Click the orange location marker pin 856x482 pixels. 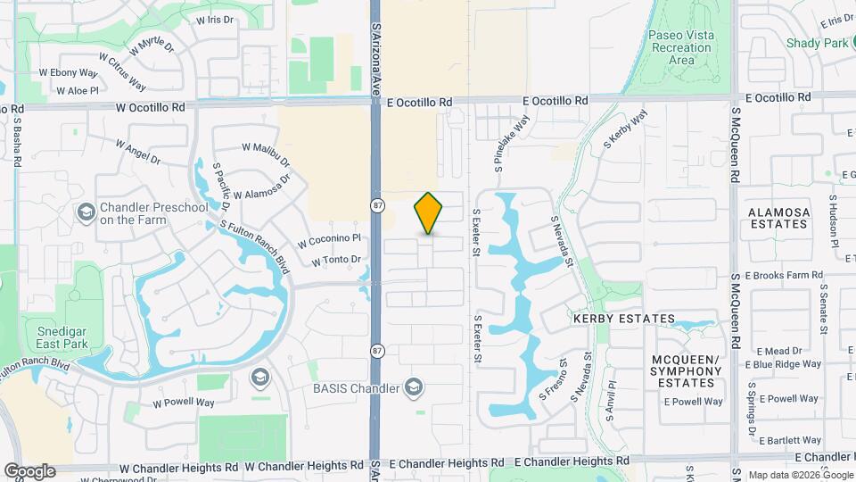coord(429,213)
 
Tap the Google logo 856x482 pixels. coord(29,471)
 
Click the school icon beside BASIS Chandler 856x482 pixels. coord(413,386)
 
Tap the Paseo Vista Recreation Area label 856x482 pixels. coord(682,47)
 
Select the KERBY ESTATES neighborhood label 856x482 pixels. coord(624,319)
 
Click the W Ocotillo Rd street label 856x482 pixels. coord(151,107)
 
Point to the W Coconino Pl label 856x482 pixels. coord(329,239)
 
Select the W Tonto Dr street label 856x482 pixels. coord(336,261)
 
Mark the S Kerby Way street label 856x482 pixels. coord(625,129)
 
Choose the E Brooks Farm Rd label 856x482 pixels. coord(784,276)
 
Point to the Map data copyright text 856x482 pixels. coord(799,475)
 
